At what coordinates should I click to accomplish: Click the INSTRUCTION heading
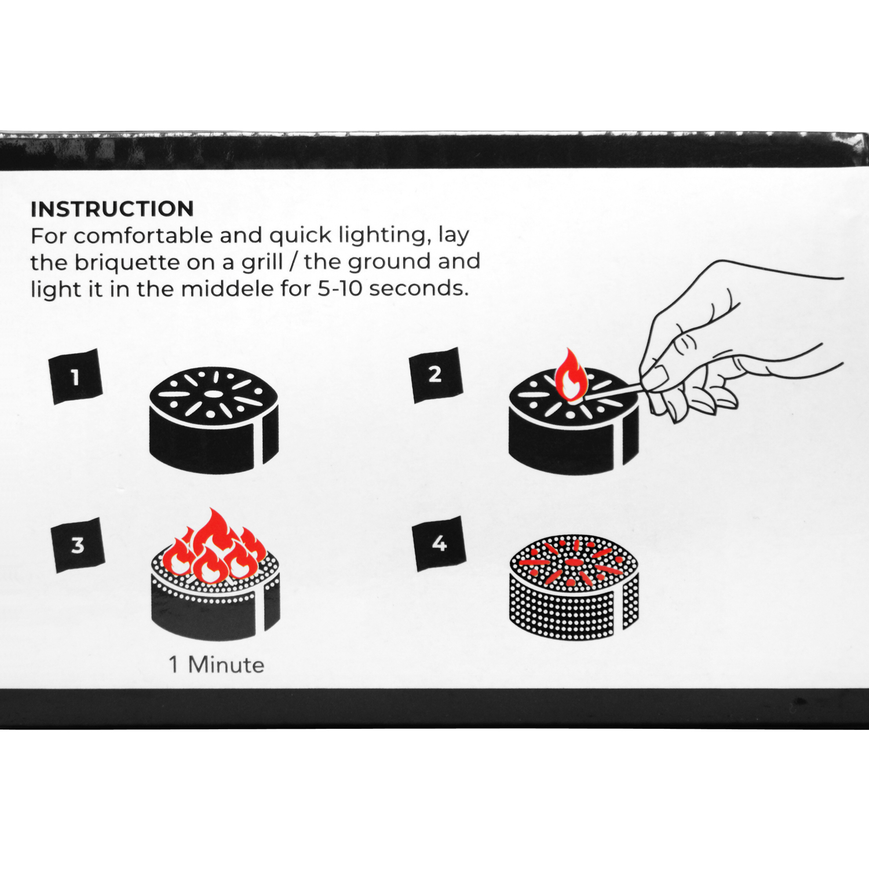[x=112, y=209]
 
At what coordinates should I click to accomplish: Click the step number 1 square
[x=76, y=377]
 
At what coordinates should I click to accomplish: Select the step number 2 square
[x=436, y=375]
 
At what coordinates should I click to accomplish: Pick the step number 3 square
[x=78, y=545]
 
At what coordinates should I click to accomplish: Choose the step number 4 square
[x=439, y=543]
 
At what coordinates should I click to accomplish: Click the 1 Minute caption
[x=217, y=664]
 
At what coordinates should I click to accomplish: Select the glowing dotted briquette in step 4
[x=574, y=587]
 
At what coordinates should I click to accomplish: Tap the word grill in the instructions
[x=262, y=262]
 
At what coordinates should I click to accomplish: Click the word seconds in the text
[x=419, y=288]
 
